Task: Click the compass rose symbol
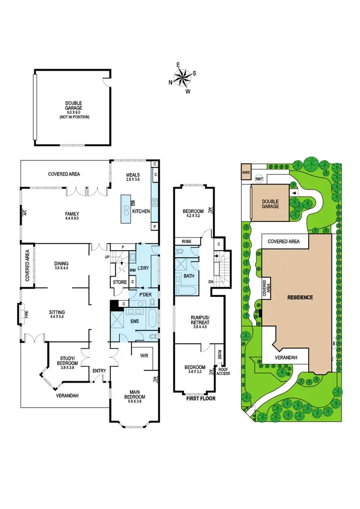[x=183, y=77]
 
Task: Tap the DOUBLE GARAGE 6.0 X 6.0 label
[x=74, y=109]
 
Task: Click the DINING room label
[x=61, y=266]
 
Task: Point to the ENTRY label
[x=99, y=371]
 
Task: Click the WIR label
[x=144, y=356]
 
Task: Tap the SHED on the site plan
[x=246, y=172]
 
